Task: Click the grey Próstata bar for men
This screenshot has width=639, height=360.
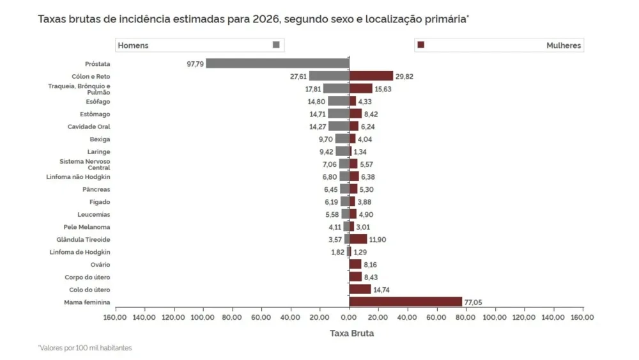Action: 277,63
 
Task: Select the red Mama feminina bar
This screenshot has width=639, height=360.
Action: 405,302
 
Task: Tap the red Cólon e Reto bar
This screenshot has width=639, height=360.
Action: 371,76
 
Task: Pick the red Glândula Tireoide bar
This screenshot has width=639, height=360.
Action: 358,239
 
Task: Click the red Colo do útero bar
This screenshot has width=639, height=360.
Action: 360,290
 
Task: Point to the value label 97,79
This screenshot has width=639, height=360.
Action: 195,64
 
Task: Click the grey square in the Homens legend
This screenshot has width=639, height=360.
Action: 276,45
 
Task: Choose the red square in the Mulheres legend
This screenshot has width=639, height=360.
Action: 420,45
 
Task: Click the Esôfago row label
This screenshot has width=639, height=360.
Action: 98,102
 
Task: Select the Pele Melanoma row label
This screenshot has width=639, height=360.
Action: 87,227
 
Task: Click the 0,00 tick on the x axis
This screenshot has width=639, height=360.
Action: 349,317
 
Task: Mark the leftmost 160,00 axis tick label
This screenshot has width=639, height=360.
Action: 116,317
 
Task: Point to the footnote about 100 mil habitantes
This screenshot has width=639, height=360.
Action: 85,348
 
